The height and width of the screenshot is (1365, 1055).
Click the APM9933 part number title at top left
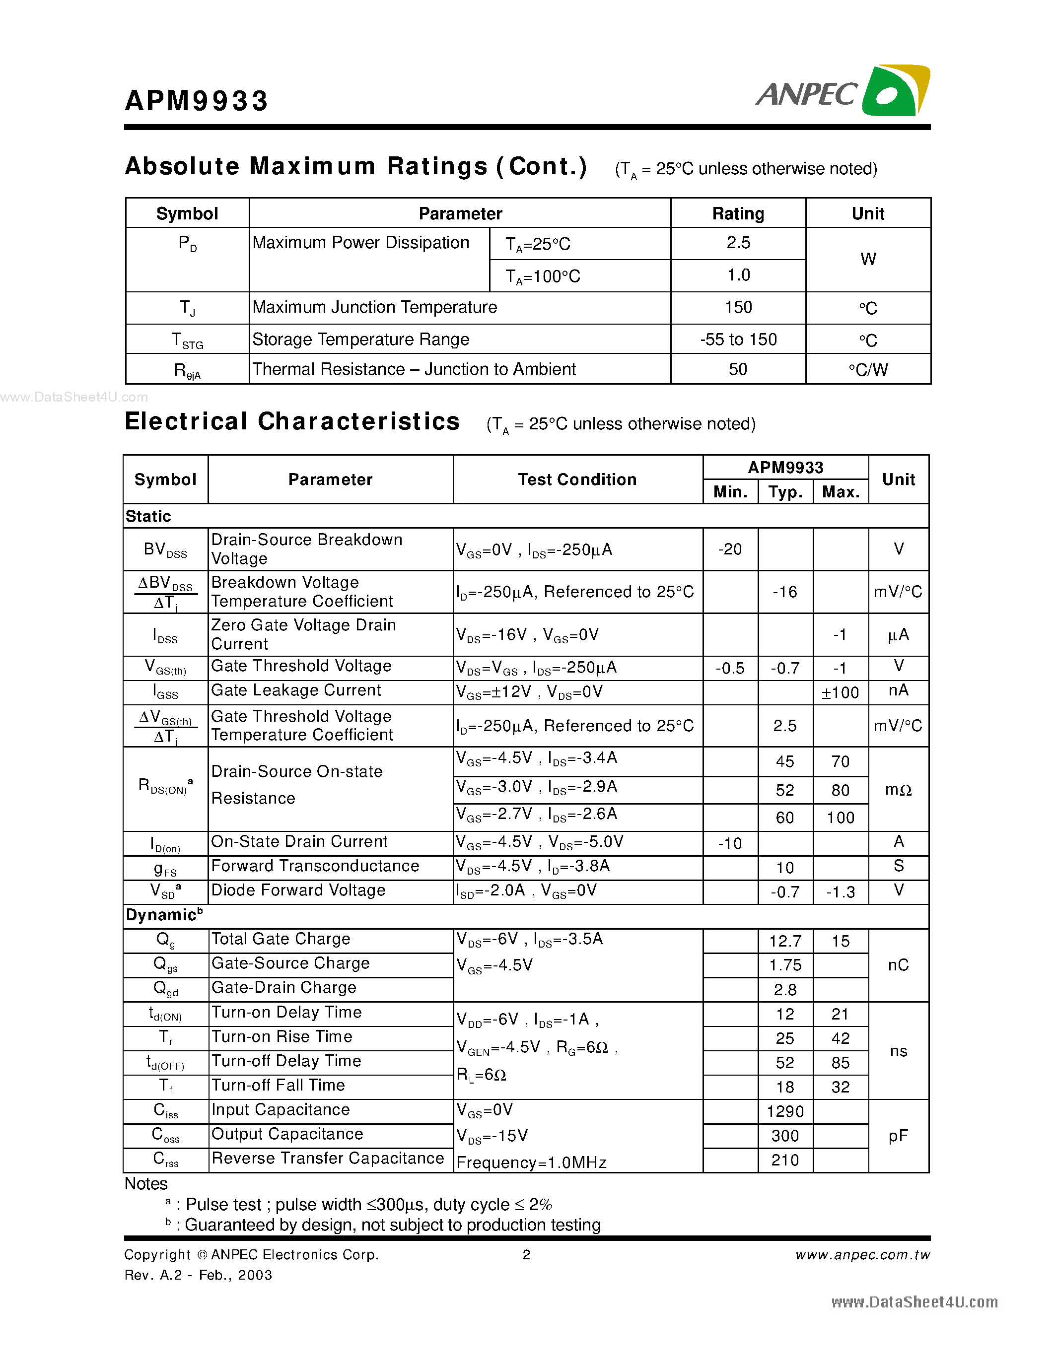(196, 101)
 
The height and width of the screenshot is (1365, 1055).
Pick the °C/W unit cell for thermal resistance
(867, 369)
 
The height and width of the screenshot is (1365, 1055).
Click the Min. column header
(730, 492)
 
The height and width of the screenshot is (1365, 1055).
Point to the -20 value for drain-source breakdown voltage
(729, 549)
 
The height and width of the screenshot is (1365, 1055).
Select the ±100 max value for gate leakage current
(840, 692)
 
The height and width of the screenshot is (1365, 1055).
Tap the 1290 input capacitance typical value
(785, 1111)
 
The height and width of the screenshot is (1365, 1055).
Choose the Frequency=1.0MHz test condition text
(531, 1162)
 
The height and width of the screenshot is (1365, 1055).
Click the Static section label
(148, 516)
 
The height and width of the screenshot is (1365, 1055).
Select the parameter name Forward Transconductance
(315, 866)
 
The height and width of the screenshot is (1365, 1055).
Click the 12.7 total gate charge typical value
(785, 941)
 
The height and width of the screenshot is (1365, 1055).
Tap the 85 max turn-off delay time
(840, 1063)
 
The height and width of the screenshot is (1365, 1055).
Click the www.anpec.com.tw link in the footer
(862, 1255)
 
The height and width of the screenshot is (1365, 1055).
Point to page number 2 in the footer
(526, 1254)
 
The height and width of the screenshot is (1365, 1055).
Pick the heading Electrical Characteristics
(292, 421)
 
